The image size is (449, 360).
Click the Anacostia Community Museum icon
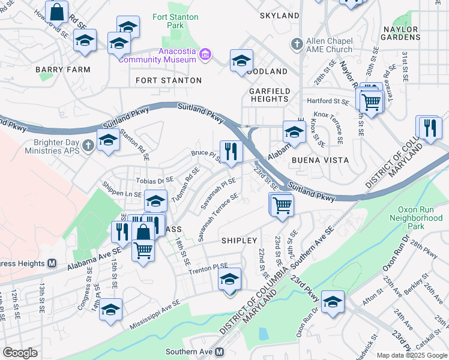pos(206,55)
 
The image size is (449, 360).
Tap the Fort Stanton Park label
pos(175,22)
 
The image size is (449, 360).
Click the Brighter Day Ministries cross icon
pos(88,145)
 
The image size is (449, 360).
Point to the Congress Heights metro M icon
pos(52,263)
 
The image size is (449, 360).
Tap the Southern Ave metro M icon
pos(220,352)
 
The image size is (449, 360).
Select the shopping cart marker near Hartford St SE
pos(371,101)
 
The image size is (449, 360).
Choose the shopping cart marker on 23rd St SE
pos(282,205)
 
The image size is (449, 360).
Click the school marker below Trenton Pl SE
pos(229,280)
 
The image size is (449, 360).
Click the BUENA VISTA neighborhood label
pos(320,160)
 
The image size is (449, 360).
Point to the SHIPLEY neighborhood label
pos(240,240)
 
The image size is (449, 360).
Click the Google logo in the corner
pos(20,353)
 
